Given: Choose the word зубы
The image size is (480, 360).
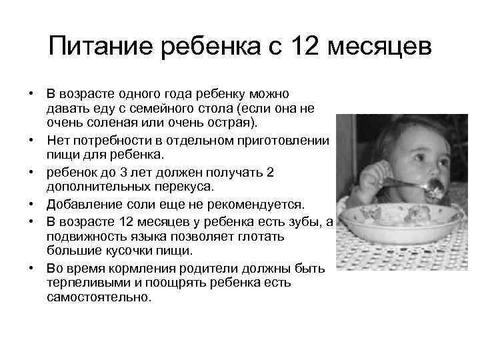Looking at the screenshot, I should point(295,222).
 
